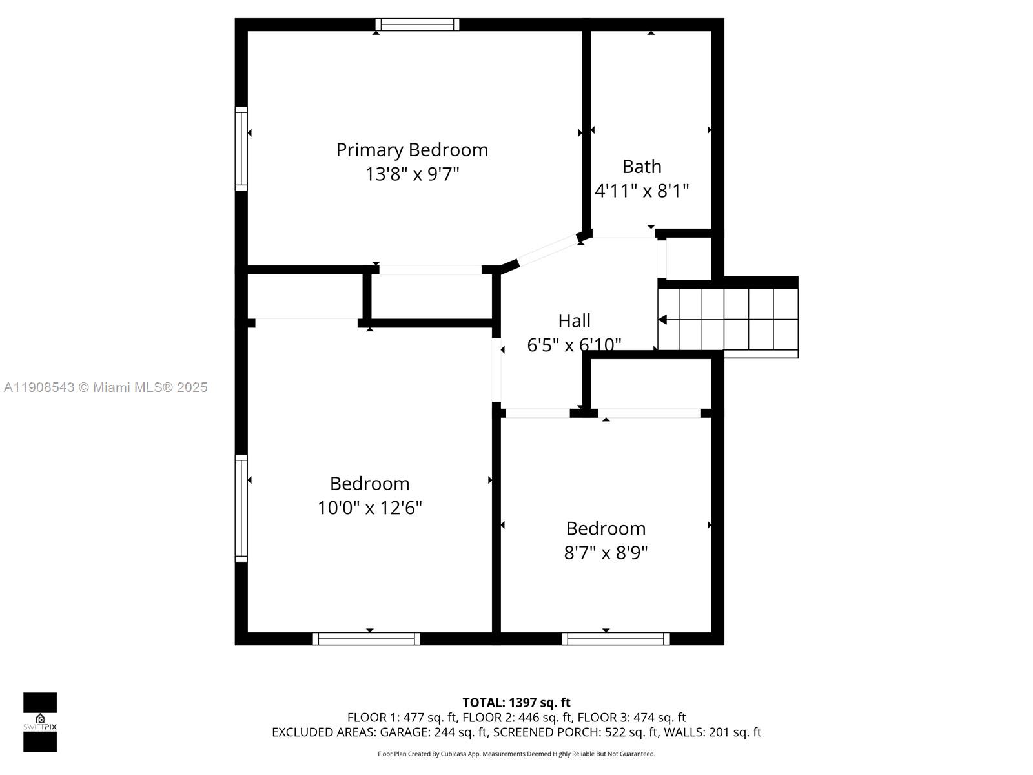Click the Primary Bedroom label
point(412,150)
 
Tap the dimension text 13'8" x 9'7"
point(412,174)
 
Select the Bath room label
point(642,167)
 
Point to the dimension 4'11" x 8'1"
point(642,191)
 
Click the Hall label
point(574,321)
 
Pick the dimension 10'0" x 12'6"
point(369,508)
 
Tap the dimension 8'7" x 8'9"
point(606,553)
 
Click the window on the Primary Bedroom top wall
point(417,25)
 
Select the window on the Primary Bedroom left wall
point(241,149)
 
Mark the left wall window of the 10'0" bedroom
point(241,508)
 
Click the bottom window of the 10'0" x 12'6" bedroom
point(366,639)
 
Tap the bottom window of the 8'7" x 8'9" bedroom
point(615,639)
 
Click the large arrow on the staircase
point(663,320)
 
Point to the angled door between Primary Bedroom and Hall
point(549,251)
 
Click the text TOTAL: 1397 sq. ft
point(516,703)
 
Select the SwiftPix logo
point(40,722)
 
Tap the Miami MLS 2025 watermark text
point(105,387)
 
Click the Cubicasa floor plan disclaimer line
point(516,754)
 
